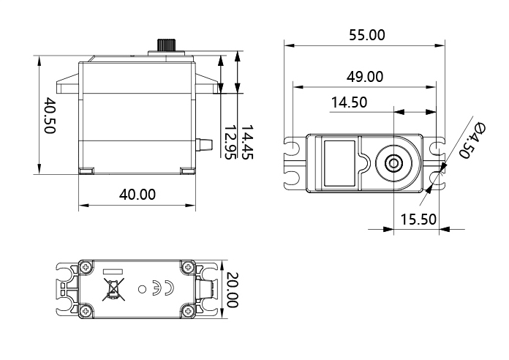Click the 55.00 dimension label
coord(367,35)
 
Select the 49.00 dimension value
coord(365,77)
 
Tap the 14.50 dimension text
coord(349,102)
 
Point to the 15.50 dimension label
coord(418,220)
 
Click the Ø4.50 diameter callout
coord(472,140)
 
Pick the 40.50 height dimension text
coord(50,115)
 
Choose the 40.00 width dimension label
coord(137,195)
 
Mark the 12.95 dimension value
coord(230,142)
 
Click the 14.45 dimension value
coord(246,142)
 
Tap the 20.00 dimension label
coord(232,290)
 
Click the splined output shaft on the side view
coord(167,45)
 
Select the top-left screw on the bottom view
coord(86,267)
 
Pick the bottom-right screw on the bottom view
coord(188,311)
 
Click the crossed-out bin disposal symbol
coord(113,289)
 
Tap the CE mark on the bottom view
coord(163,288)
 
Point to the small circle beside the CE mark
coord(142,289)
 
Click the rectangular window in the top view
coord(339,163)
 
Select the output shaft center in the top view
coord(393,163)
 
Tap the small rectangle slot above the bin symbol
coord(113,271)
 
